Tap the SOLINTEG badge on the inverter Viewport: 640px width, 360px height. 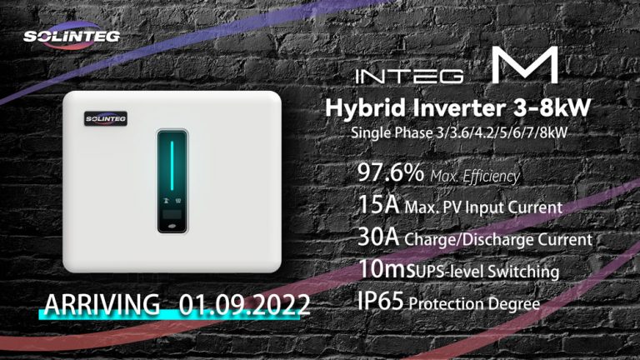coord(104,119)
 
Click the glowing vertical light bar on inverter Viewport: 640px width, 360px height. coord(173,167)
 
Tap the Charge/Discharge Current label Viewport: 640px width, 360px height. coord(498,240)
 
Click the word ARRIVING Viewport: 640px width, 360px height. coord(103,305)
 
